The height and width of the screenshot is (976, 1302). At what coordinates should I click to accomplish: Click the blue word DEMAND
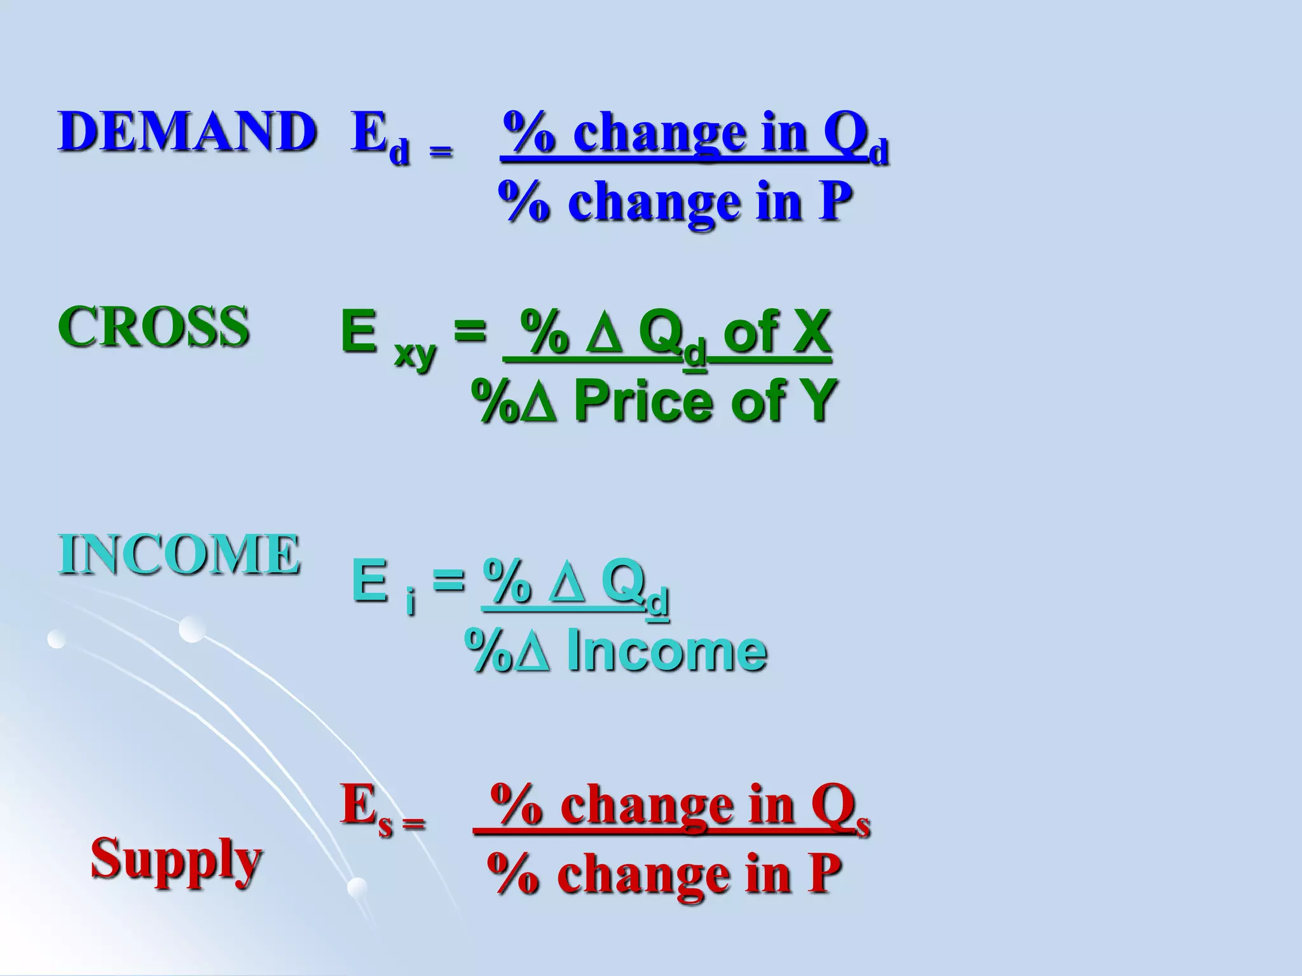coord(187,132)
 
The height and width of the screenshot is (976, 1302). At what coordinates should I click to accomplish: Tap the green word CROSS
coord(153,327)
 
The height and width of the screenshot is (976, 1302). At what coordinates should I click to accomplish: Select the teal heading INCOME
coord(179,554)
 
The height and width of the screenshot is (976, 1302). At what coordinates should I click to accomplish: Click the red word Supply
coord(176,859)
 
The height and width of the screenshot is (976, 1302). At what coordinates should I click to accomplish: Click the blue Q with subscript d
coord(855,135)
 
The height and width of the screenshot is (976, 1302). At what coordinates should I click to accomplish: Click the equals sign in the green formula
coord(470,332)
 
